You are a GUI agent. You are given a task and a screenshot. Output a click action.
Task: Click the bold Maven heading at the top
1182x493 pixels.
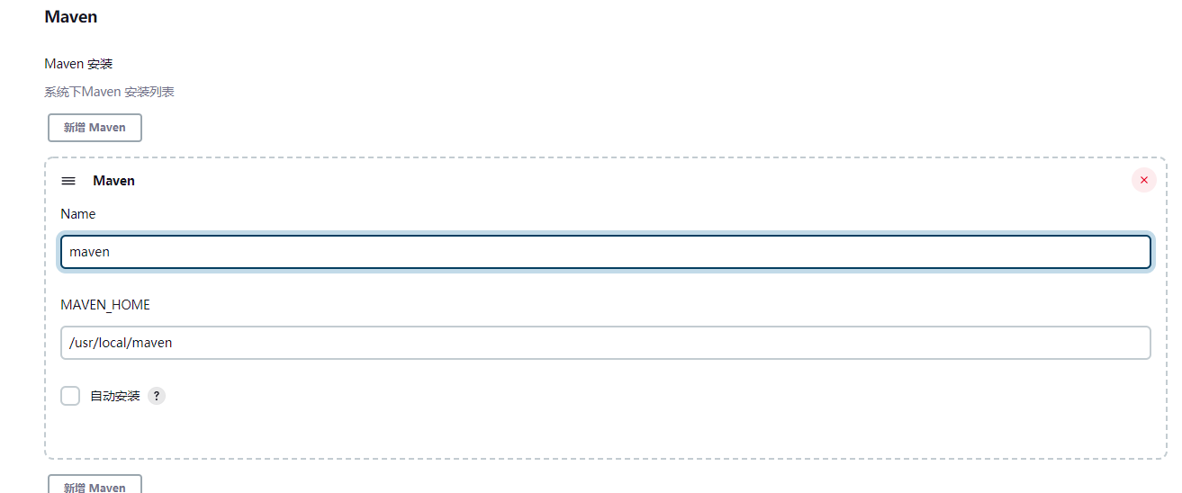click(x=70, y=17)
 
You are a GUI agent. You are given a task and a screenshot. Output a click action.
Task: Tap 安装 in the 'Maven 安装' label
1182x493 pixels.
click(x=100, y=64)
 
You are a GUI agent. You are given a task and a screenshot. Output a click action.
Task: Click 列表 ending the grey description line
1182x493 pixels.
click(x=162, y=92)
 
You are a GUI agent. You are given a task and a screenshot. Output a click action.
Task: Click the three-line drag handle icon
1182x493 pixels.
click(x=68, y=181)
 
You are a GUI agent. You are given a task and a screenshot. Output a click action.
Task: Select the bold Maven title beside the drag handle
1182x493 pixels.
click(x=113, y=181)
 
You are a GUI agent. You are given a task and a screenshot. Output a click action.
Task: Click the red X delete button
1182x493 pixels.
click(x=1143, y=180)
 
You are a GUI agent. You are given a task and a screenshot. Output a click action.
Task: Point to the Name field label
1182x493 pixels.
click(x=77, y=214)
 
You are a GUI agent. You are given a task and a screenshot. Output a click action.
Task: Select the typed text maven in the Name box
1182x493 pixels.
click(x=89, y=252)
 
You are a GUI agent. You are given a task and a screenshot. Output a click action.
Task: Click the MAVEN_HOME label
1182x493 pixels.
click(x=105, y=305)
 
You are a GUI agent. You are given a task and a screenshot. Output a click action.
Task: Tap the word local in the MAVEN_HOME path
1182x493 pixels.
click(x=113, y=343)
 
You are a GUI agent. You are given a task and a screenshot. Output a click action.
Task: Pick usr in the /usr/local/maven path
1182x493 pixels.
click(x=85, y=343)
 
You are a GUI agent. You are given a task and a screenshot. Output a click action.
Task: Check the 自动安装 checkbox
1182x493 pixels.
click(x=70, y=396)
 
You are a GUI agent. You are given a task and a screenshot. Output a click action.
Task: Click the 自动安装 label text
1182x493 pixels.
click(x=115, y=396)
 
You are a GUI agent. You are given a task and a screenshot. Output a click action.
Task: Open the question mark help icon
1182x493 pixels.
click(x=157, y=396)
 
